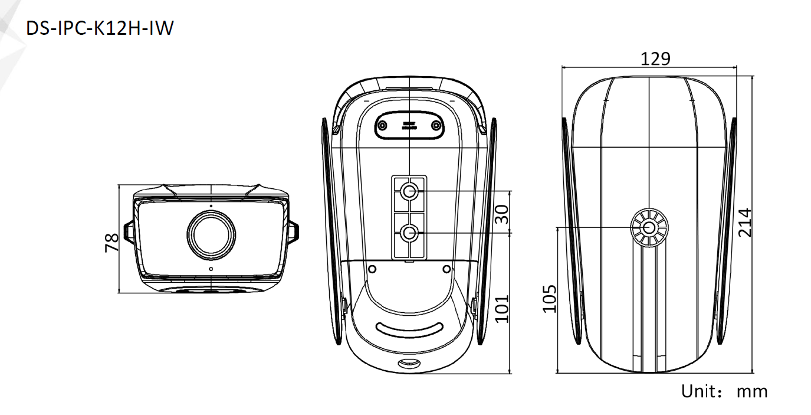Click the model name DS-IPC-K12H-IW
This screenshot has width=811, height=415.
100,28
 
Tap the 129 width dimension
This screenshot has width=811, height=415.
655,58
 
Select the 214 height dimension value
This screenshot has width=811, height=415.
745,223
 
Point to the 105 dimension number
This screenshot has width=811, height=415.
549,299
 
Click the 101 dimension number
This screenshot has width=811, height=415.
502,309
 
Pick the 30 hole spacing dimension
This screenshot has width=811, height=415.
502,214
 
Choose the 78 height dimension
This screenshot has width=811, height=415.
111,243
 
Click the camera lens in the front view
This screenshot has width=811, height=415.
211,235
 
